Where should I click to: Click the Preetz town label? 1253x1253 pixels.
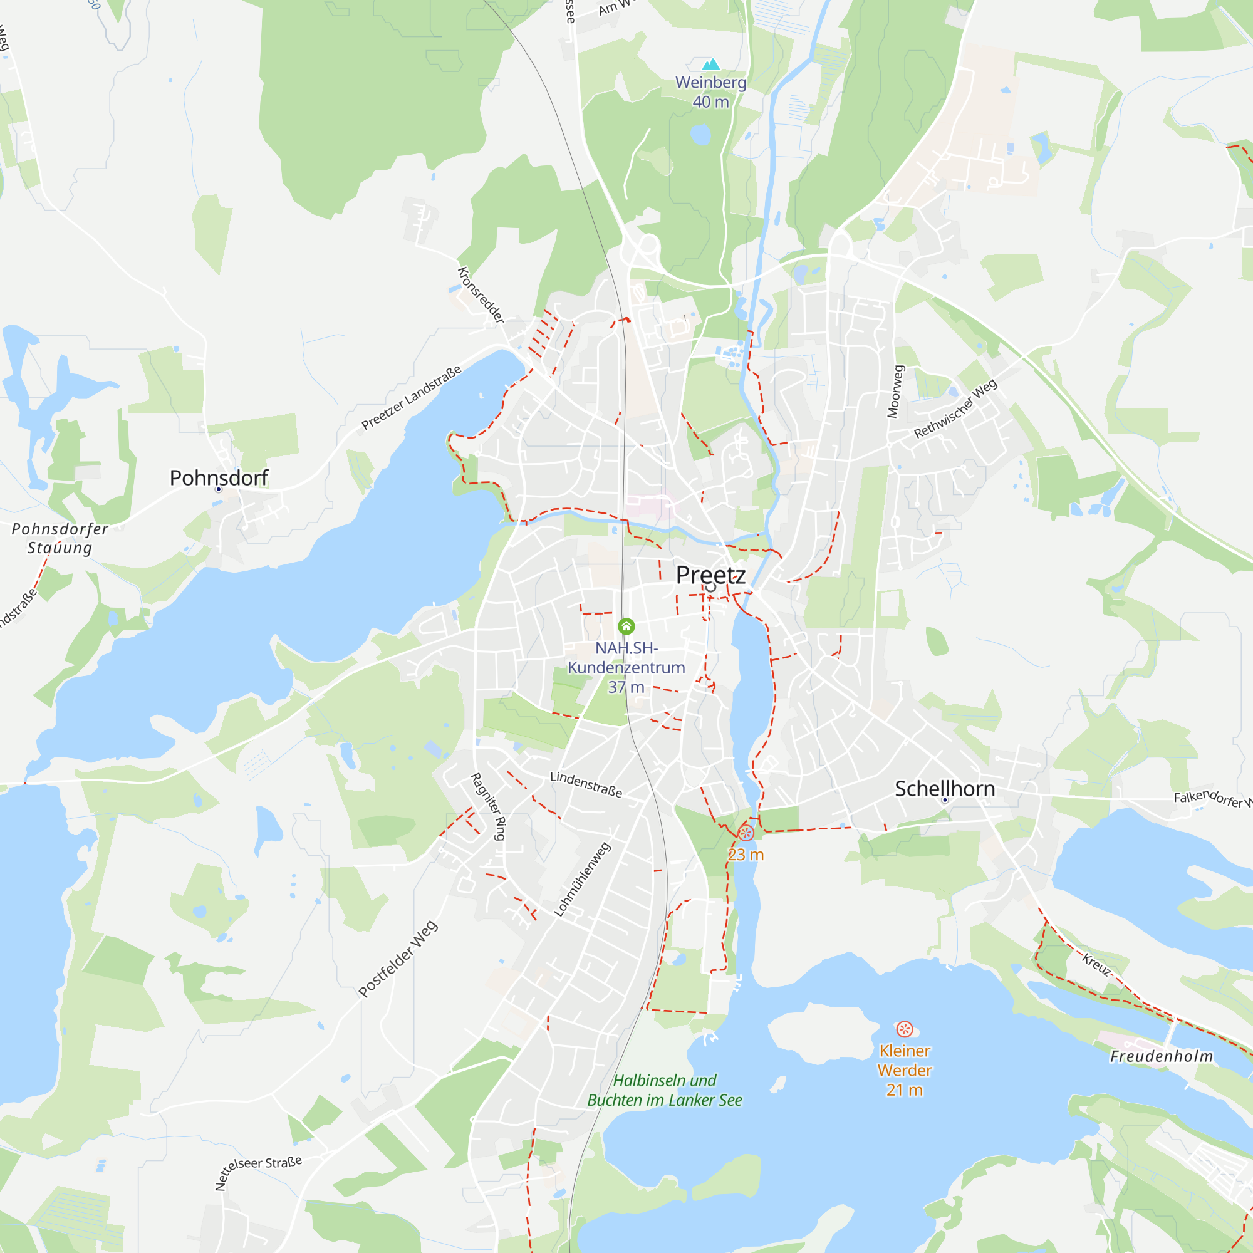click(x=710, y=575)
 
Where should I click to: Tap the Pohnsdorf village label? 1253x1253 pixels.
click(x=219, y=478)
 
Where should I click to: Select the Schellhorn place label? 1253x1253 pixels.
click(x=944, y=789)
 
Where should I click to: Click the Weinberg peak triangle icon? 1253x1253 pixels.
click(x=711, y=63)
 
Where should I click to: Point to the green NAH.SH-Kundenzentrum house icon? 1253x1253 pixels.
click(x=626, y=626)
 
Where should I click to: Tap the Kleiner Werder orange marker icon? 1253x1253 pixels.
click(x=904, y=1029)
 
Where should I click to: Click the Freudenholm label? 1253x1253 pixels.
click(x=1161, y=1056)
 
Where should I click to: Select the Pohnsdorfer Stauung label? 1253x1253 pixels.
click(x=60, y=538)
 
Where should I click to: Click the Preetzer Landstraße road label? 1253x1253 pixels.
click(x=411, y=398)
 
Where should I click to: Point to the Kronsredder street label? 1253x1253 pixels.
click(x=481, y=295)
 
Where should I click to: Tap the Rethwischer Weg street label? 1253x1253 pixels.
click(x=955, y=408)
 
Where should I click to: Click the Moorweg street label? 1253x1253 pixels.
click(x=895, y=391)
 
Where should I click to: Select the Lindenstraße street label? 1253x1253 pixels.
click(x=586, y=784)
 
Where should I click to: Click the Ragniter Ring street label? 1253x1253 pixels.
click(x=487, y=806)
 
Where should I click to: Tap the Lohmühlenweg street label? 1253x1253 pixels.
click(x=582, y=880)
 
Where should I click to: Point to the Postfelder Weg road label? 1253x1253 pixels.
click(x=398, y=959)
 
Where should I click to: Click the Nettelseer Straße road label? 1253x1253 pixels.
click(x=258, y=1172)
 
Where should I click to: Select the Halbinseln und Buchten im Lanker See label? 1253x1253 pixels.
click(x=664, y=1090)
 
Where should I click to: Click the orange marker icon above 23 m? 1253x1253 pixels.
click(x=746, y=833)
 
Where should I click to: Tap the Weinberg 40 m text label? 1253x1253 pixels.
click(x=711, y=92)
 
